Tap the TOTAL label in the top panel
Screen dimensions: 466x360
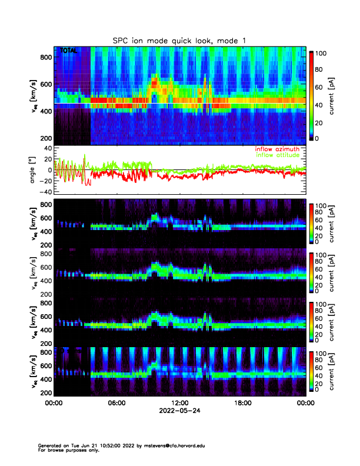click(x=69, y=52)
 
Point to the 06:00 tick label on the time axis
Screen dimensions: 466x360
click(x=116, y=404)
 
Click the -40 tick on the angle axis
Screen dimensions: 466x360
click(x=44, y=192)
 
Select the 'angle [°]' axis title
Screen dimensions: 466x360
click(x=34, y=170)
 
